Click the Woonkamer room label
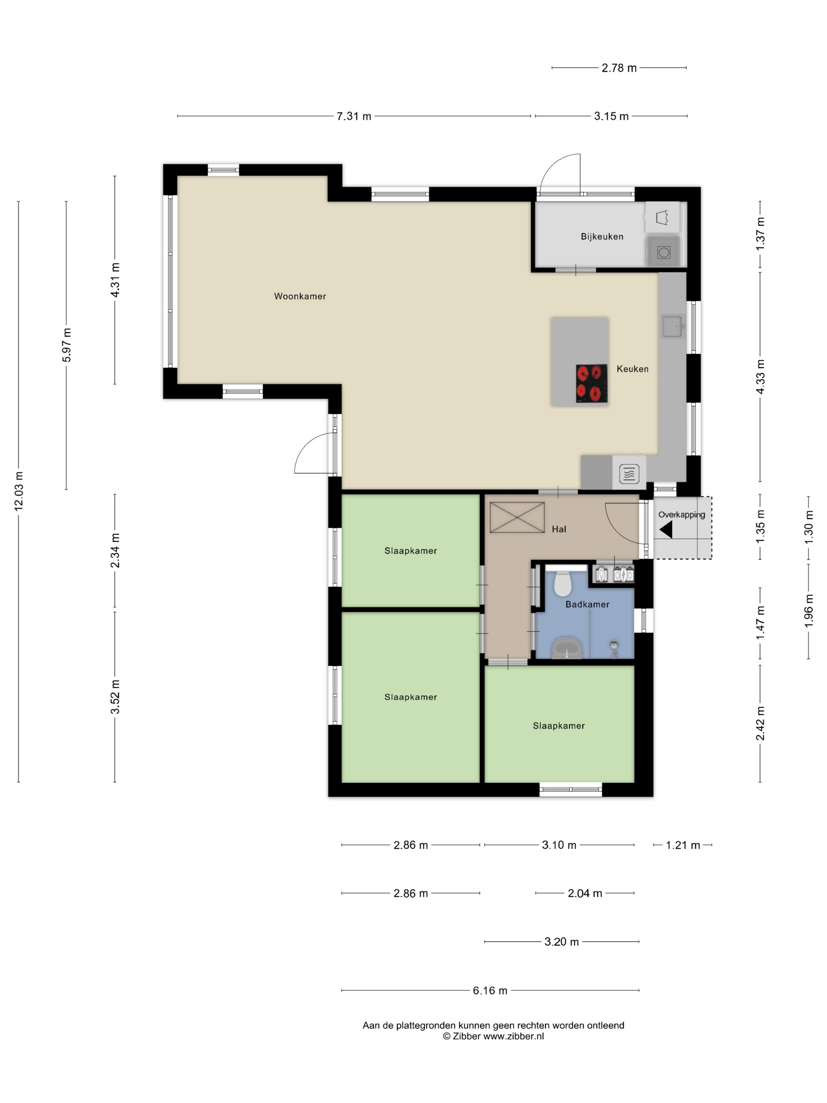[x=300, y=296]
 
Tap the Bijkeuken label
[x=602, y=236]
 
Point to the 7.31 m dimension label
[x=354, y=116]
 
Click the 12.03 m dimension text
[x=19, y=491]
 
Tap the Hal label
[x=559, y=529]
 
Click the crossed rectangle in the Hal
[x=517, y=518]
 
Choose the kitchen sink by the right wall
[x=672, y=327]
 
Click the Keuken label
[x=632, y=369]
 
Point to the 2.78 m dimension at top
[x=619, y=68]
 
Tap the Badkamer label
[x=587, y=604]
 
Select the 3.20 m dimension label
[x=561, y=941]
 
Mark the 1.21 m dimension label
[x=683, y=845]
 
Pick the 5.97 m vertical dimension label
[x=67, y=345]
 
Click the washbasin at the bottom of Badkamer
[x=567, y=648]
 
